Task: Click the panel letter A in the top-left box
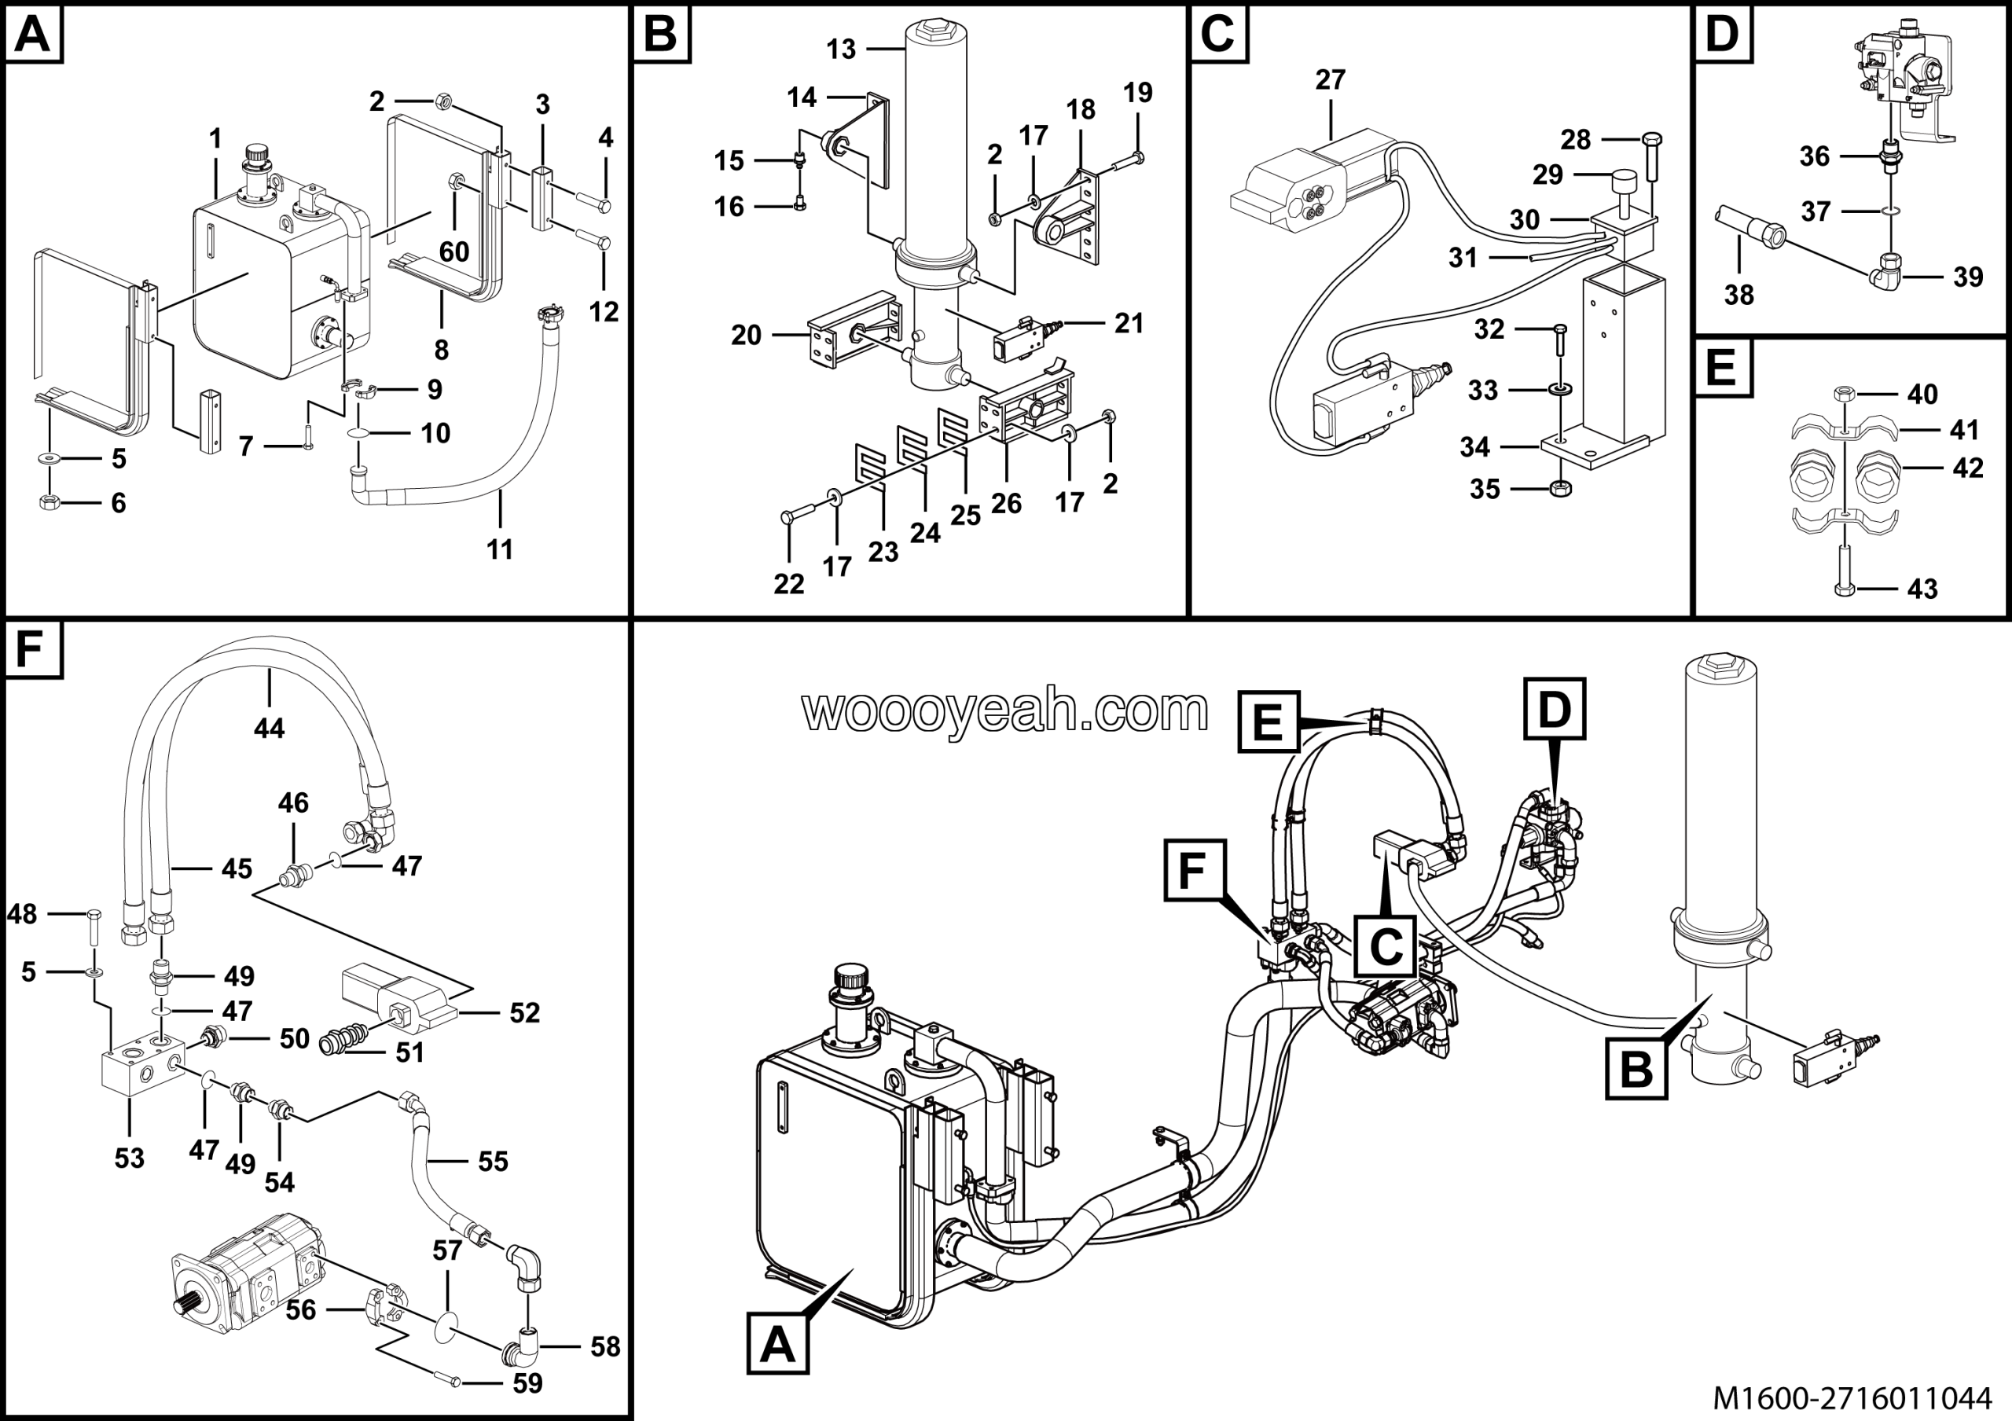coord(32,35)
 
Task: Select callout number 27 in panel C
coord(1331,79)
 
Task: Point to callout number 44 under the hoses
coord(269,728)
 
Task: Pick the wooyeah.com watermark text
coord(1005,710)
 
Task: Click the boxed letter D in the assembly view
coord(1554,709)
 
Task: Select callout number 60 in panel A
coord(454,252)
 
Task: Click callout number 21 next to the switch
coord(1129,324)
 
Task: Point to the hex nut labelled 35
coord(1560,488)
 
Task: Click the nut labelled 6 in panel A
coord(49,502)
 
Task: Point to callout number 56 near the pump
coord(300,1309)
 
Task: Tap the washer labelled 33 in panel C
coord(1560,388)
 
